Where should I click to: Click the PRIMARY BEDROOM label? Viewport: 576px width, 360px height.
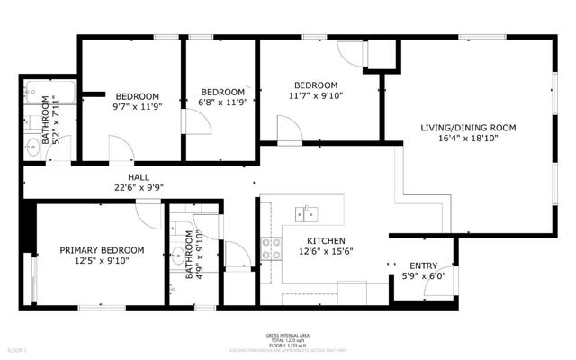coord(102,250)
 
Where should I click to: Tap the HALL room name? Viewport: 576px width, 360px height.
coord(139,177)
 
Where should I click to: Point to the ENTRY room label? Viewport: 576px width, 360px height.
coord(423,265)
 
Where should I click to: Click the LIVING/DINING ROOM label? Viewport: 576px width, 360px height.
coord(468,128)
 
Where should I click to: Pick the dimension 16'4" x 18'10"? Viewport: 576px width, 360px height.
coord(468,139)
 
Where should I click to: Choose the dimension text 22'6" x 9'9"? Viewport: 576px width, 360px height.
coord(139,188)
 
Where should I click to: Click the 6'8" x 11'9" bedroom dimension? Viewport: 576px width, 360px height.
coord(222,103)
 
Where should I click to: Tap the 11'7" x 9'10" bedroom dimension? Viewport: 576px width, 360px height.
coord(315,94)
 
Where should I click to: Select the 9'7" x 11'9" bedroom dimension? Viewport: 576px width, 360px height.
coord(137,107)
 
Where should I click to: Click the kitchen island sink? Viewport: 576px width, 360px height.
coord(309,212)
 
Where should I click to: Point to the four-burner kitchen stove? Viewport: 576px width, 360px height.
coord(270,248)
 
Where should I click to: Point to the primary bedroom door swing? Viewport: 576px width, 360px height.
coord(148,214)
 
